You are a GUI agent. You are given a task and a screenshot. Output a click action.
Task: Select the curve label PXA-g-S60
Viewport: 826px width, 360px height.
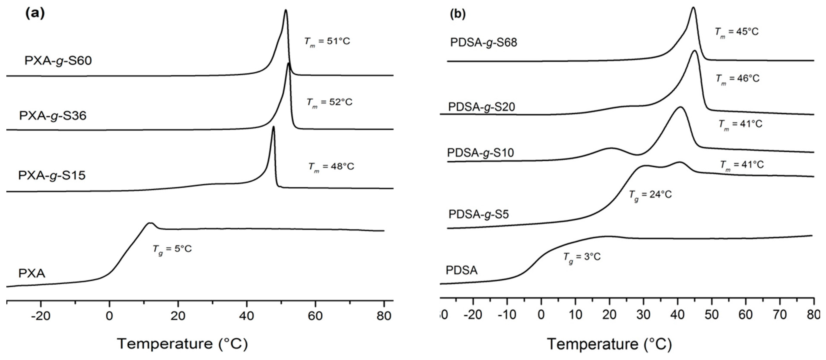[58, 61]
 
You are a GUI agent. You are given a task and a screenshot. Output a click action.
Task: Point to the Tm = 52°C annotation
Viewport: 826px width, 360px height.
[329, 102]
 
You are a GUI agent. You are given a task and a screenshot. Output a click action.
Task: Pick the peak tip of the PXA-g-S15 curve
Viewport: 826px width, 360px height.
[273, 127]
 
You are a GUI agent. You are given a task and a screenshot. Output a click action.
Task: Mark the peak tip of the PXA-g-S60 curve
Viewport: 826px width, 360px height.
[286, 10]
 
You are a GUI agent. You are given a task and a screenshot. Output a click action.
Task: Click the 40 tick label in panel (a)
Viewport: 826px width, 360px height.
[247, 316]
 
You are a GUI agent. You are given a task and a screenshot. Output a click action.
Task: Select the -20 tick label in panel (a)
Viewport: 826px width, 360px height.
[41, 316]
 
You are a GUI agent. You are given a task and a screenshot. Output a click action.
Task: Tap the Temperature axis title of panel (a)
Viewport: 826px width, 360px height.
[182, 344]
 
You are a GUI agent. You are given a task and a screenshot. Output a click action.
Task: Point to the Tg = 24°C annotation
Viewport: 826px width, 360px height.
[650, 195]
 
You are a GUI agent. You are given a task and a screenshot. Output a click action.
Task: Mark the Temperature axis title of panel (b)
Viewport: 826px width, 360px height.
[609, 344]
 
